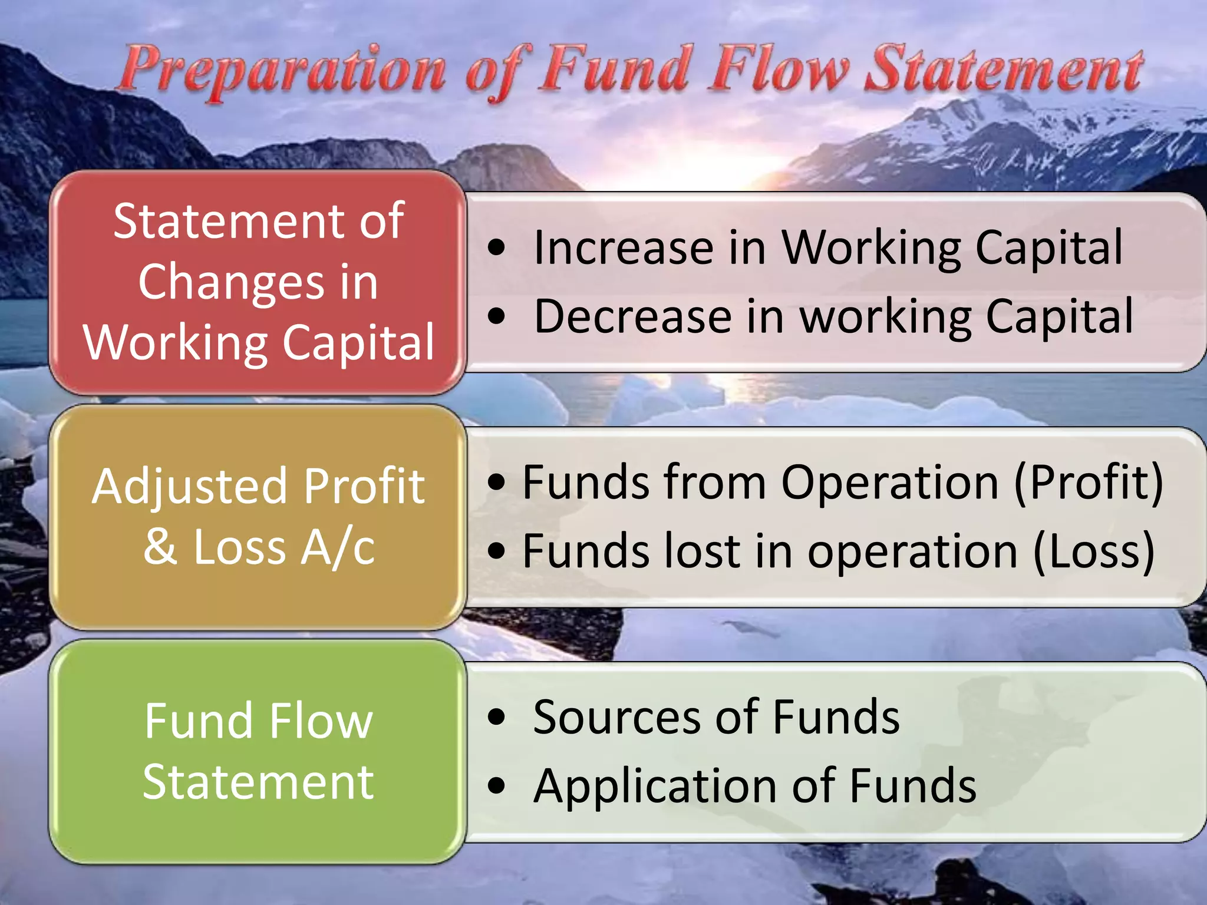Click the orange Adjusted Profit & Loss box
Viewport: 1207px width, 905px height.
(x=258, y=516)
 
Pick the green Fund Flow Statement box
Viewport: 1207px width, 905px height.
(x=258, y=751)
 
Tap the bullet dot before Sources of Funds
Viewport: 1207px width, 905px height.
(x=497, y=718)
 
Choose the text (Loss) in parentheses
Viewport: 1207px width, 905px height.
(x=1094, y=551)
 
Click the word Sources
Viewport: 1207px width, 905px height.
(x=616, y=718)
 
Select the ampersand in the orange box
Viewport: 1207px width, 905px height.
(x=160, y=547)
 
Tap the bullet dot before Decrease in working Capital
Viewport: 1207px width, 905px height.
(x=497, y=317)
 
